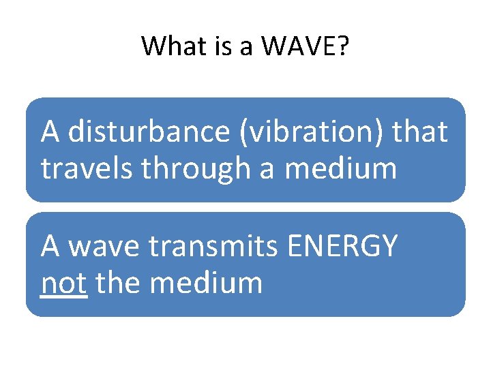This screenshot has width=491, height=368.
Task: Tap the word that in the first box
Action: (420, 132)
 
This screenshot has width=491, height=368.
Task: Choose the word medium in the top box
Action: (340, 168)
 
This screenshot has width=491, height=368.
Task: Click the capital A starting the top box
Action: (50, 132)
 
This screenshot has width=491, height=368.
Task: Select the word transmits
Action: (212, 246)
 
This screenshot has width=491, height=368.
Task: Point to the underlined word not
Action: (63, 282)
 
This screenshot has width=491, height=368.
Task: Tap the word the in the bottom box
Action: (118, 282)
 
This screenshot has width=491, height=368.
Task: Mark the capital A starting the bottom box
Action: (50, 246)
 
